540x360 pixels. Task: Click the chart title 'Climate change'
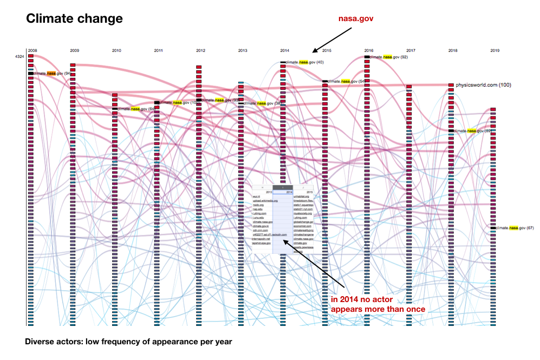[74, 19]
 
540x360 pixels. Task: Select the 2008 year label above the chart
[32, 50]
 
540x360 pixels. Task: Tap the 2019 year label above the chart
[495, 50]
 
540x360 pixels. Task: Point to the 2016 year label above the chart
[368, 50]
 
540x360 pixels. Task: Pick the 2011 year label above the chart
[158, 50]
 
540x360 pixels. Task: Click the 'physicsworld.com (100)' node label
[483, 85]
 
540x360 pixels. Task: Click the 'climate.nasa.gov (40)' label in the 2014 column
[304, 62]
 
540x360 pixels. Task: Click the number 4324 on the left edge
[21, 56]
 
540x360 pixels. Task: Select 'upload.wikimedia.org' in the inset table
[265, 201]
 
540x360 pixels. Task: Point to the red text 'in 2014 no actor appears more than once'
[378, 304]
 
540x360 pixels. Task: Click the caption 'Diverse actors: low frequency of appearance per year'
[128, 342]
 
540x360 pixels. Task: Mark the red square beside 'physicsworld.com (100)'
[451, 85]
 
